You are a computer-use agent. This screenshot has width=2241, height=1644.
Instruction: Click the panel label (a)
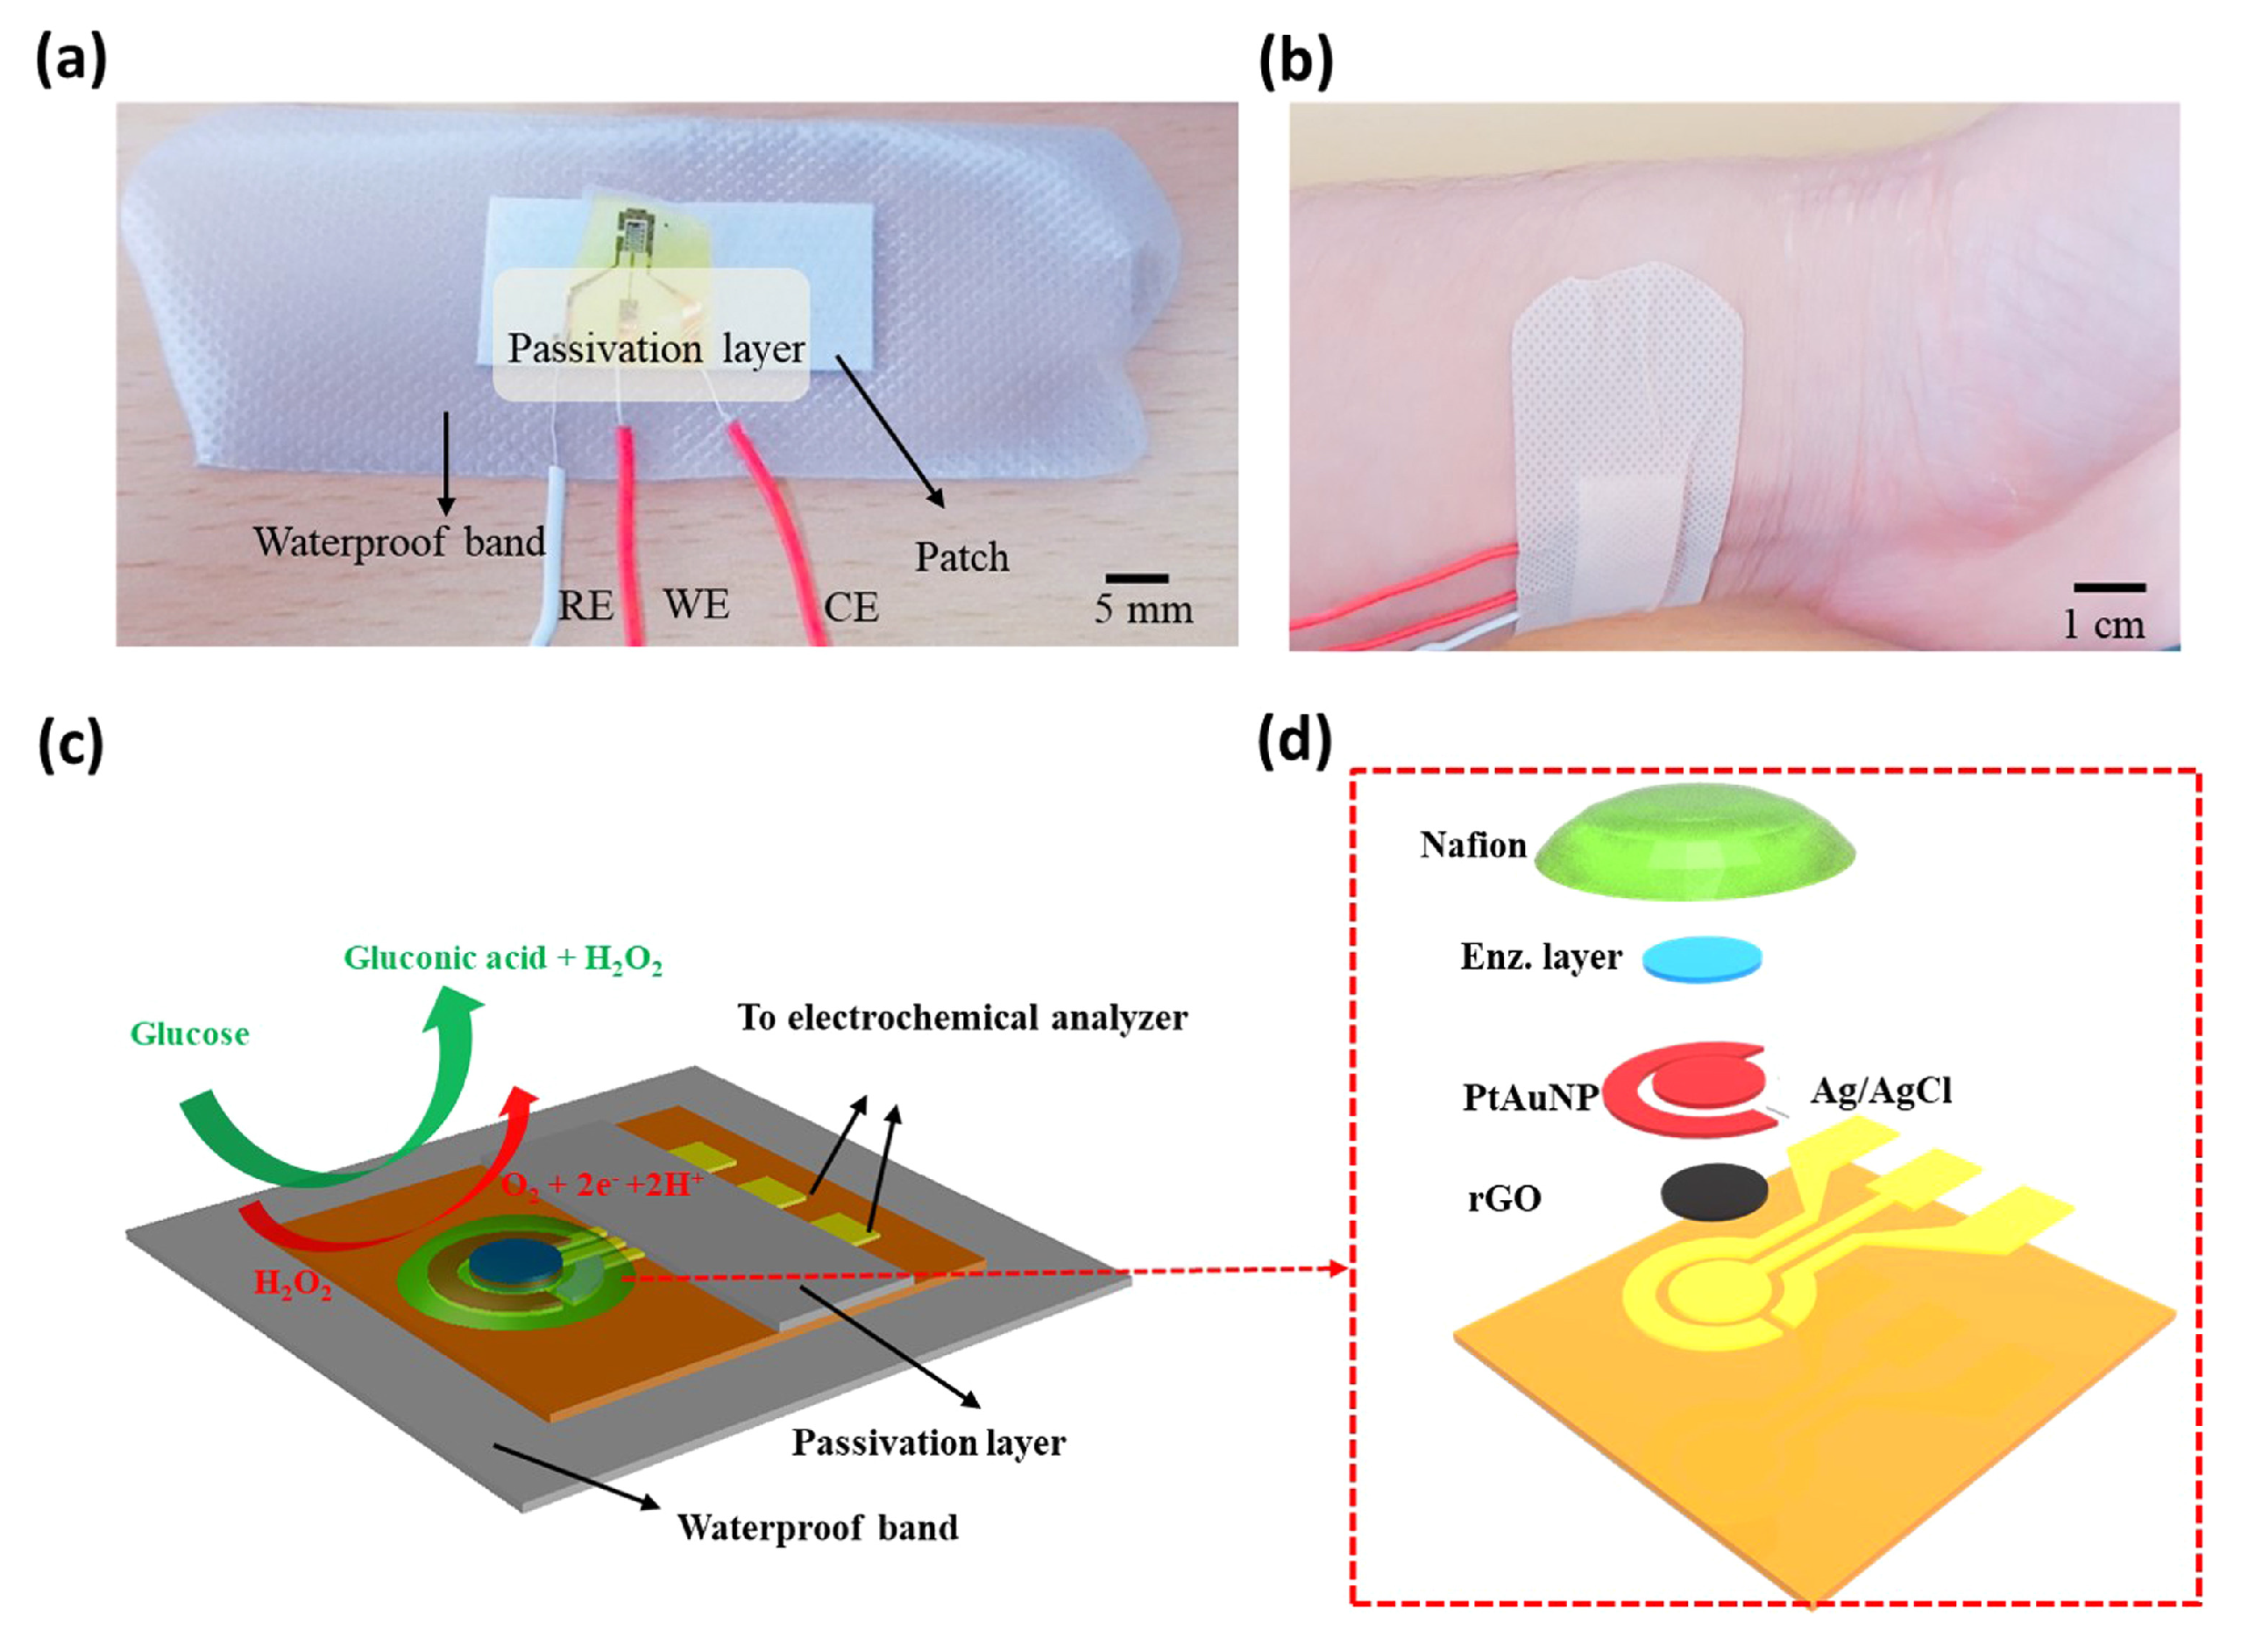click(x=71, y=61)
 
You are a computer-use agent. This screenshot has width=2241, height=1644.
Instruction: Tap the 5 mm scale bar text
click(x=1143, y=609)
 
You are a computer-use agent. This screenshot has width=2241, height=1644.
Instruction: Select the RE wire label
click(x=585, y=605)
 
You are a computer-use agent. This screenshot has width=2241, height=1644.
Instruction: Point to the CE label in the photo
click(x=850, y=607)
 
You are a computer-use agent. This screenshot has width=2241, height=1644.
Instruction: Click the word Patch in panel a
click(x=961, y=557)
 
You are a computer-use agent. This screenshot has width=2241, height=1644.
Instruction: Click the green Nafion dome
click(x=1693, y=843)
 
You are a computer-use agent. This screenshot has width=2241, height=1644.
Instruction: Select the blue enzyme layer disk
click(x=1701, y=958)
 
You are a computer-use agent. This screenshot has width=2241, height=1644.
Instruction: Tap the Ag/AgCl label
click(x=1881, y=1091)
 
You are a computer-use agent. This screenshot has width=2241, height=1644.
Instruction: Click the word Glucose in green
click(x=189, y=1034)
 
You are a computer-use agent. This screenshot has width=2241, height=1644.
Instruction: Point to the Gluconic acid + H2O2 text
click(x=503, y=958)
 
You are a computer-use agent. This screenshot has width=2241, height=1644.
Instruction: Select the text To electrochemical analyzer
click(x=961, y=1017)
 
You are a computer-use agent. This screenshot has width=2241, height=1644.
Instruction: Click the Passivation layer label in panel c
click(x=928, y=1442)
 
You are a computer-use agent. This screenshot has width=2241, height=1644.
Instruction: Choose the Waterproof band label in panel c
click(x=818, y=1527)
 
